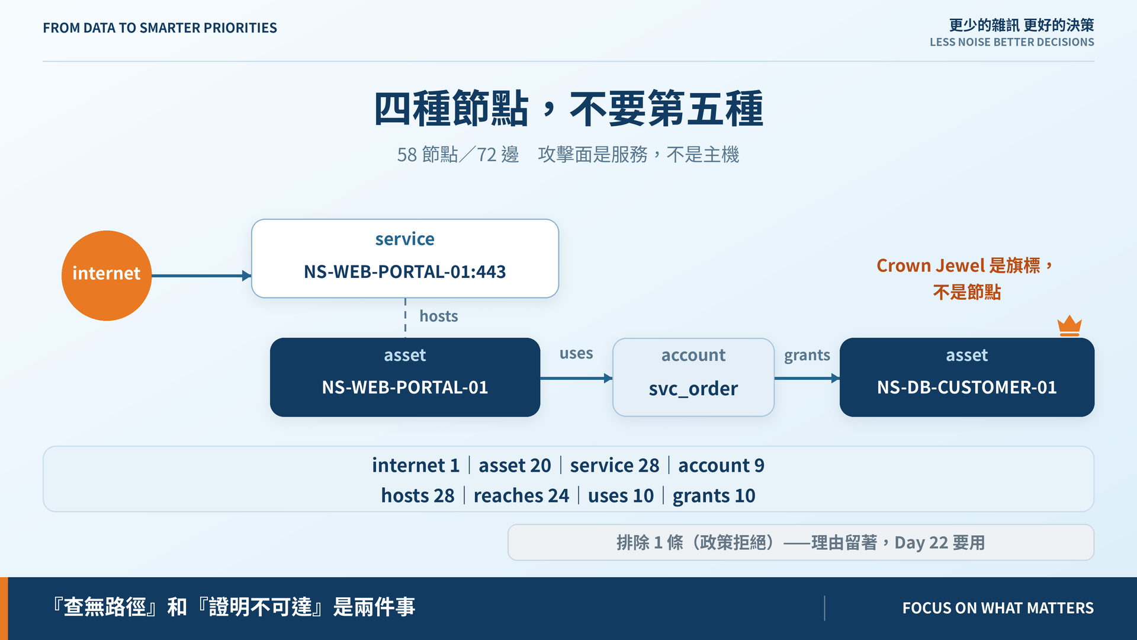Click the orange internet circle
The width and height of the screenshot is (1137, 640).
coord(107,276)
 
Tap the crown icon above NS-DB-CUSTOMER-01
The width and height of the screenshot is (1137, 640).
coord(1069,325)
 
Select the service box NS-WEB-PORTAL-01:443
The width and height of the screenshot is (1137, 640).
coord(405,258)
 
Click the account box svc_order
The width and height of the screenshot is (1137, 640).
coord(693,377)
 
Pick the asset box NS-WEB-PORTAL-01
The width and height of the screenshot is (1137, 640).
coord(405,377)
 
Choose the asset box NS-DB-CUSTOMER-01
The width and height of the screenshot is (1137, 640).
coord(966,377)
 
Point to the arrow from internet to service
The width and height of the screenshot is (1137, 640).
coord(201,276)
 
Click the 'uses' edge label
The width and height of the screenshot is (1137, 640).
coord(576,353)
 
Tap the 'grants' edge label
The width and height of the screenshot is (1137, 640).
coord(807,355)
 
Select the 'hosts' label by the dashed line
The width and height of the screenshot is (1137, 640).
coord(439,316)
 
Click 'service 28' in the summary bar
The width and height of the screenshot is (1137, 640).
coord(615,465)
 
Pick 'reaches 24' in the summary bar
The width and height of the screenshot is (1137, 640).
coord(521,495)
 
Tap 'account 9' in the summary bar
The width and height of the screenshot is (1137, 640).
coord(721,465)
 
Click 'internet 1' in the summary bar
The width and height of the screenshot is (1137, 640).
coord(416,465)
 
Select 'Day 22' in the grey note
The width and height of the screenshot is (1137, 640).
coord(921,543)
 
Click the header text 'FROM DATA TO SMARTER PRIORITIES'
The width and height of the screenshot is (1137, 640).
coord(160,28)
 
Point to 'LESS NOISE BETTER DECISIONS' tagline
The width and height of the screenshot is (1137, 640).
coord(1011,42)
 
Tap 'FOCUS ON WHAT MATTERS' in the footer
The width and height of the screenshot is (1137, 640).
coord(998,608)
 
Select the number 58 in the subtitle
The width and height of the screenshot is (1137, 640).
coord(407,155)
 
